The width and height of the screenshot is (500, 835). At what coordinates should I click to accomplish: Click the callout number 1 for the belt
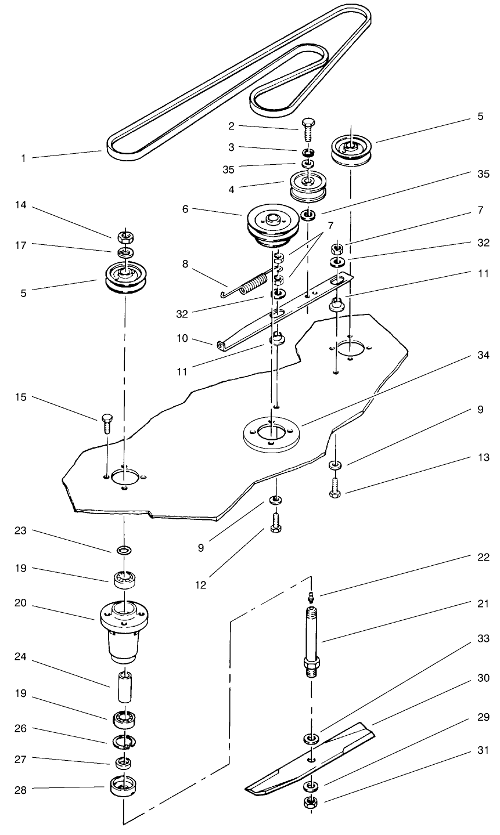pyautogui.click(x=23, y=158)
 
